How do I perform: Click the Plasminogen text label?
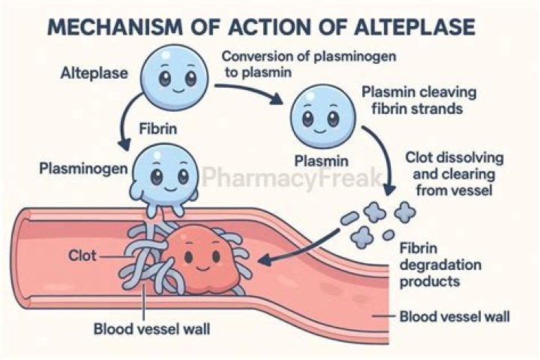pyautogui.click(x=79, y=166)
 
